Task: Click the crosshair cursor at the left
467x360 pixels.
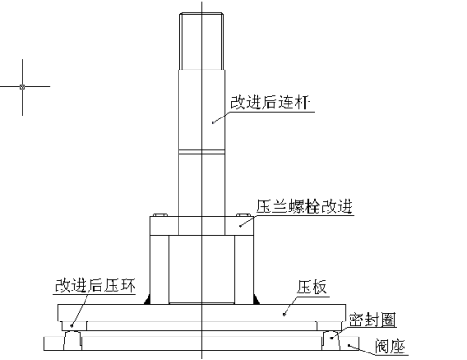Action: click(x=23, y=86)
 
